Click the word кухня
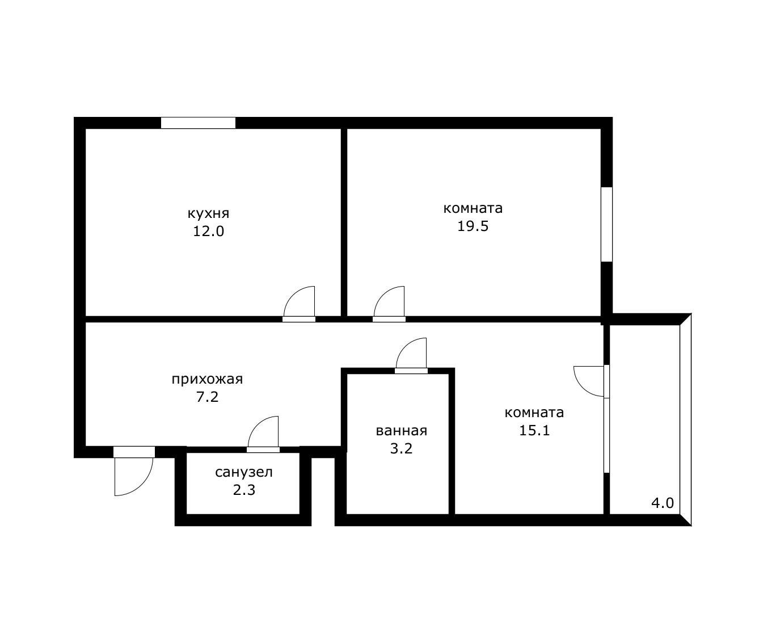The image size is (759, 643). tap(208, 214)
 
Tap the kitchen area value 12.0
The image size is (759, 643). tap(208, 232)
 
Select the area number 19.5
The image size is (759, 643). tap(473, 226)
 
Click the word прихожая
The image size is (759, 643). tap(207, 379)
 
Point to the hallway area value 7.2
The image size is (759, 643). tap(207, 397)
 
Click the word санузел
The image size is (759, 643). tap(244, 472)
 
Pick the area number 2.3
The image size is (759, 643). tap(244, 490)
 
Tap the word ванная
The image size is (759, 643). tap(402, 431)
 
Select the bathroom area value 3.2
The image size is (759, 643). tap(402, 449)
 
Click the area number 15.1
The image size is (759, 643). tap(534, 430)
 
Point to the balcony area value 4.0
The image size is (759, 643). tap(663, 503)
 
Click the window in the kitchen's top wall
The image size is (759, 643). tap(199, 123)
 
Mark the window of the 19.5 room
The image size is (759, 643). tap(606, 225)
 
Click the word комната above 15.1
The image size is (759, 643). tap(534, 413)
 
